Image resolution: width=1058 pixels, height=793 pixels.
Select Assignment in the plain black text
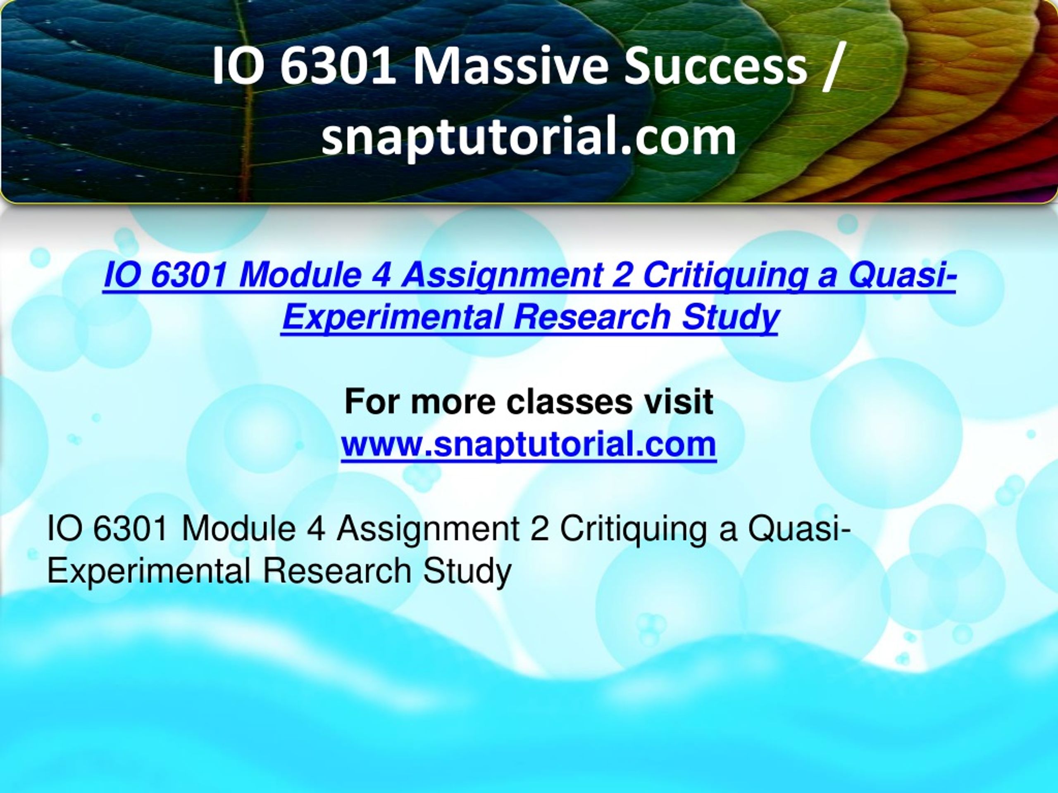(428, 529)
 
